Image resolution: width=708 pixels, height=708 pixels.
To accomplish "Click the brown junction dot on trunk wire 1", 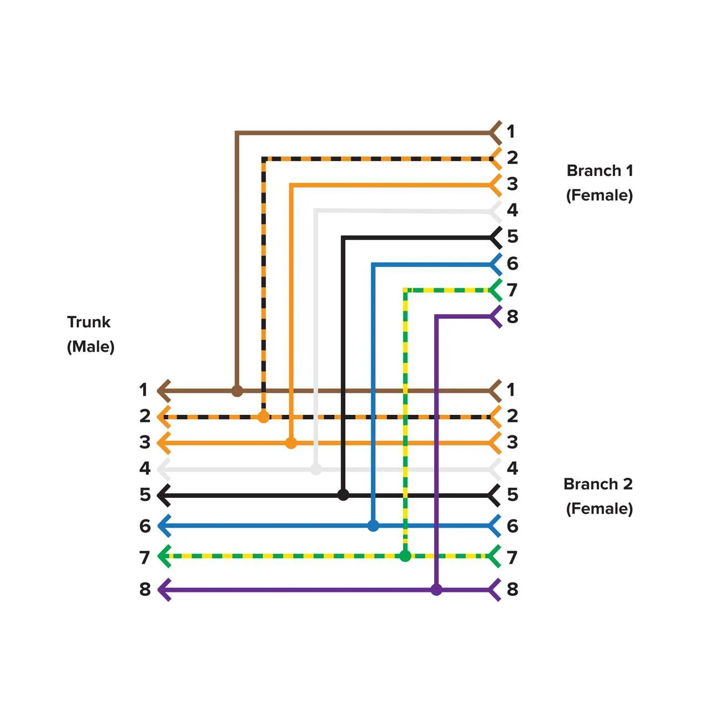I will tap(237, 391).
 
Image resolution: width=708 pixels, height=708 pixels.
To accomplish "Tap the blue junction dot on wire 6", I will tap(373, 525).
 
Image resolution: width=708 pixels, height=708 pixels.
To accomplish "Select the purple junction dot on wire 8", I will tap(436, 590).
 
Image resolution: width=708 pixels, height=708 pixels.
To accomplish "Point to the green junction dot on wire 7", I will tap(405, 556).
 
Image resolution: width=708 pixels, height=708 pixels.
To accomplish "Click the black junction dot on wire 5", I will tap(343, 494).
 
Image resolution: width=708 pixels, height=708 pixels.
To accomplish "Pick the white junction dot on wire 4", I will tap(316, 470).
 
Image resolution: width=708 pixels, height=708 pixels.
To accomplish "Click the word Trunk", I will tap(88, 322).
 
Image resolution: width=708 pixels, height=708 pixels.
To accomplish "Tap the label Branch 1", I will tap(600, 170).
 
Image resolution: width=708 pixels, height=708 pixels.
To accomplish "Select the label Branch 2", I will tap(598, 484).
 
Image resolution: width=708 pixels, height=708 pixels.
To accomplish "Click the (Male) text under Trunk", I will tap(91, 347).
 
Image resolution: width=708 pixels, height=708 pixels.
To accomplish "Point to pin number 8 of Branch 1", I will tap(513, 316).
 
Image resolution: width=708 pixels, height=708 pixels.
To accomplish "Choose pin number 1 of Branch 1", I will tap(511, 132).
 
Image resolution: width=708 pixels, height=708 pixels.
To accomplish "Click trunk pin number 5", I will tap(145, 494).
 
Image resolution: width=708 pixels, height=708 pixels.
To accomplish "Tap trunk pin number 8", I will tap(145, 590).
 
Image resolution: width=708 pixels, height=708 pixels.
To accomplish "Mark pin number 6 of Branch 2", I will tap(513, 526).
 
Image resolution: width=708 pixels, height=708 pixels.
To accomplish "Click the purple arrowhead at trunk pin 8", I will tap(164, 590).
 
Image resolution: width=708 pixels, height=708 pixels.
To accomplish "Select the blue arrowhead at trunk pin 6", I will tap(164, 525).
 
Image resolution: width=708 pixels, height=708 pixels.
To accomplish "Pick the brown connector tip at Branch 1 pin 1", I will tap(496, 133).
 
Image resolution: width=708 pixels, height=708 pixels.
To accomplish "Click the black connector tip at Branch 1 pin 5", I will tap(496, 238).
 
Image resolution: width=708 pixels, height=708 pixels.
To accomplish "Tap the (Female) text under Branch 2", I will tap(599, 509).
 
